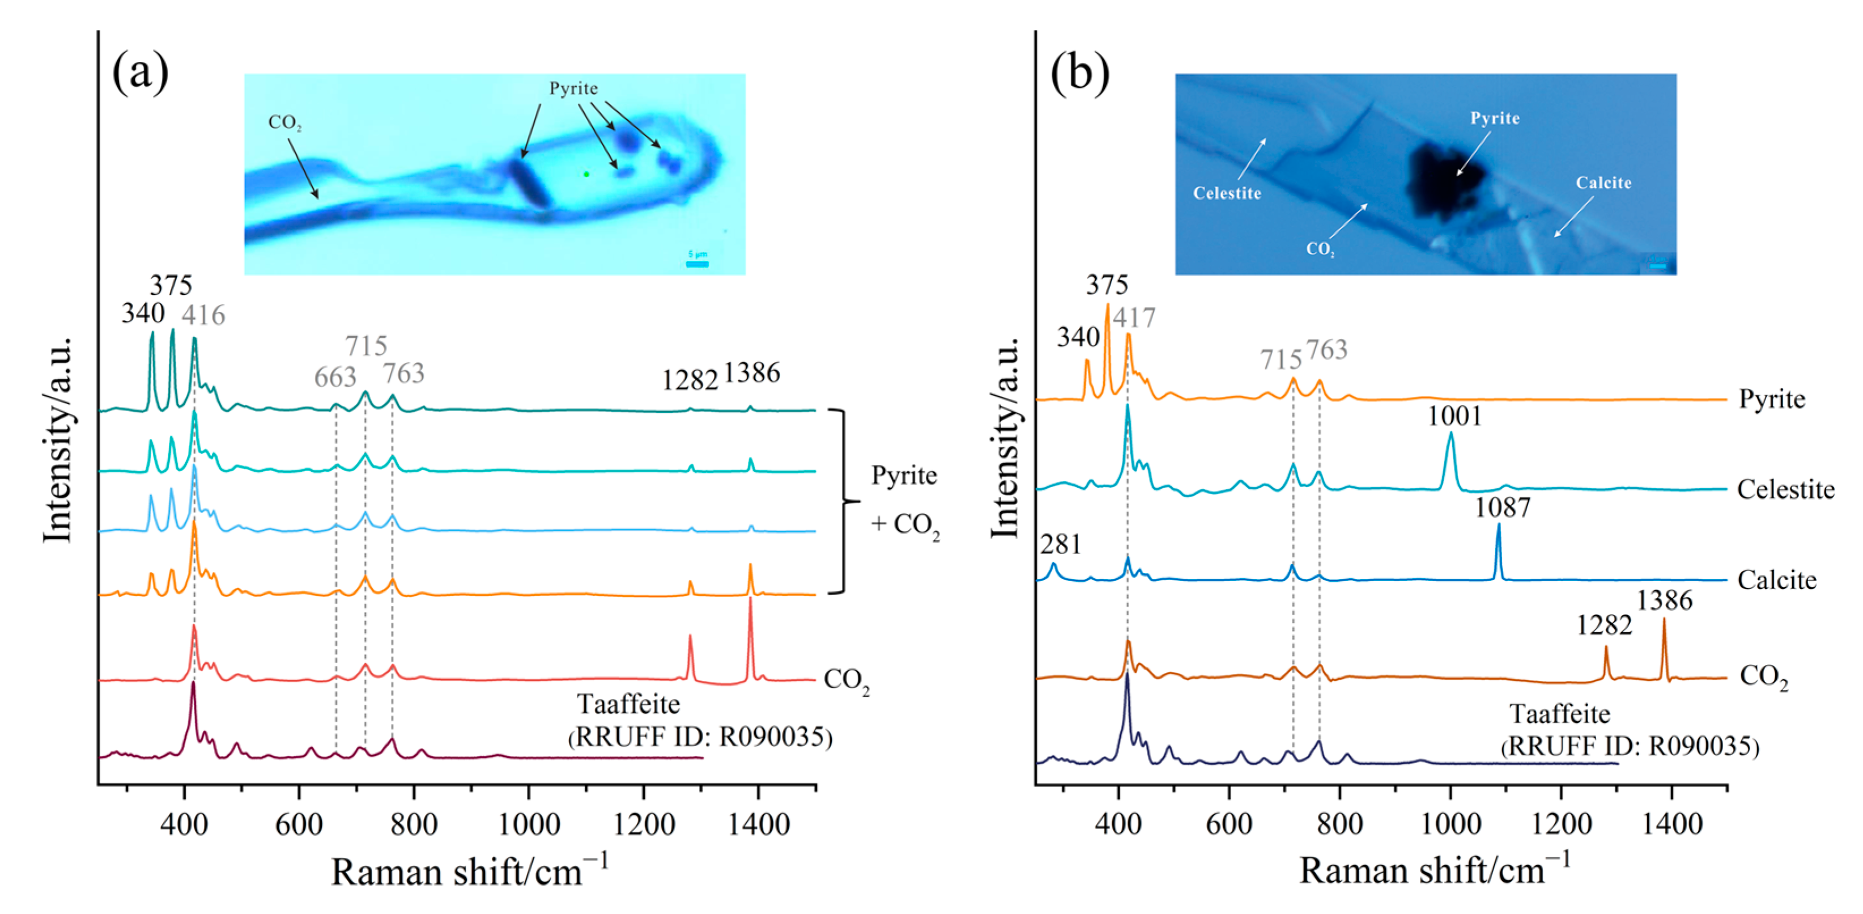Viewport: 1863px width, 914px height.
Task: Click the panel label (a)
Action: coord(141,74)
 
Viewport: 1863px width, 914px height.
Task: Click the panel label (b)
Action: coord(1079,74)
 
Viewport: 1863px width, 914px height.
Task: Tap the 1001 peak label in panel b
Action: coord(1454,416)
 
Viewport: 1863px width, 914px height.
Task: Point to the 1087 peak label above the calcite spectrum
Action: coord(1503,508)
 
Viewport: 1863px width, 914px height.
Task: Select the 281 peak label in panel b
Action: coord(1060,544)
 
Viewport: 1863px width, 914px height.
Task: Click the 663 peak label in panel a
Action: coord(335,377)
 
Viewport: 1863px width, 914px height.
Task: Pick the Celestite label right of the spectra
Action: coord(1785,490)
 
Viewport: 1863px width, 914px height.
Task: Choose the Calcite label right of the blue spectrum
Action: coord(1777,581)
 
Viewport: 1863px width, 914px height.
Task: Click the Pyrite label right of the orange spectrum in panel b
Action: coord(1772,399)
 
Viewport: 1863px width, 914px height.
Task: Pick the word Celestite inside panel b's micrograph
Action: coord(1227,193)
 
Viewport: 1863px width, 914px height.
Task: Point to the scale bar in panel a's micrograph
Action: coord(697,264)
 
